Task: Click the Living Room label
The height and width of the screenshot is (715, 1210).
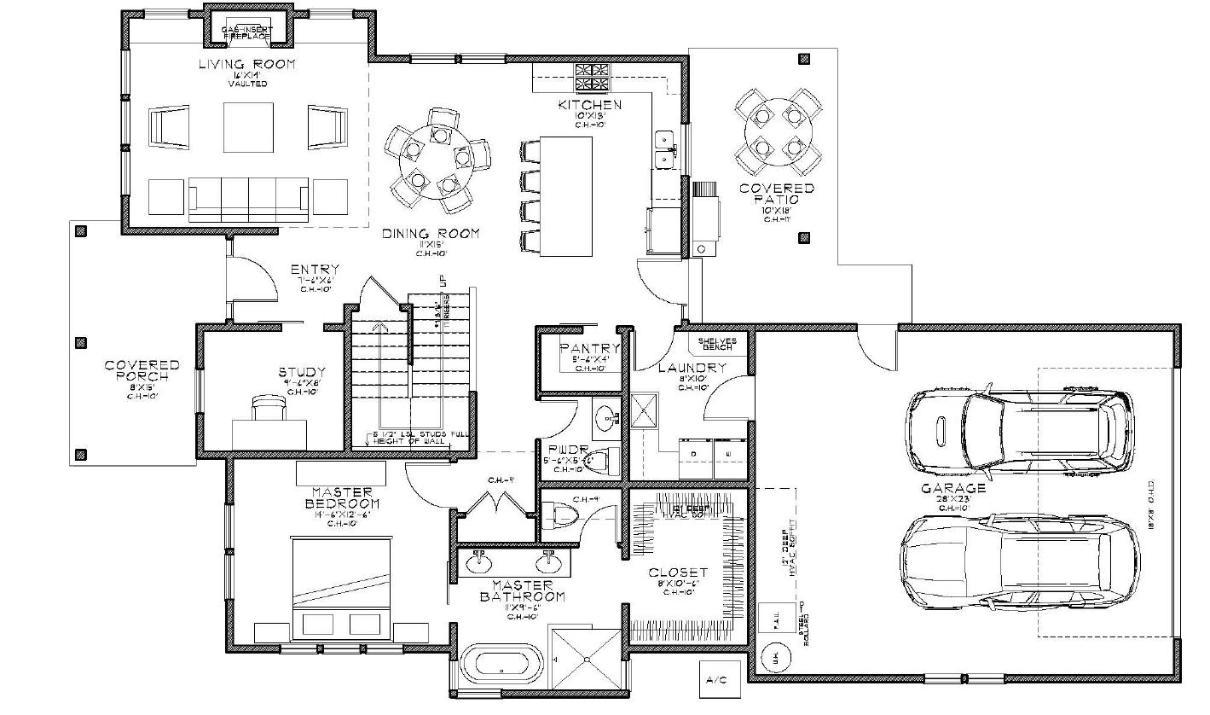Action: point(246,64)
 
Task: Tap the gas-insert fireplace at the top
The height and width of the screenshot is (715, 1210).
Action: point(246,32)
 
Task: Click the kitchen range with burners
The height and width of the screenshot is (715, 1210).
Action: point(593,78)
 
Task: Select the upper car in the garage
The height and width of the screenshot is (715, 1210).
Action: point(1020,430)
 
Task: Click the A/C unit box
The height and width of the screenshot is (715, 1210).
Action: point(715,679)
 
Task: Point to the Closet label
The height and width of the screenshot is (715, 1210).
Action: point(678,573)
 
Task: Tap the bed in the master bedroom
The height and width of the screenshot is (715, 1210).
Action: point(342,589)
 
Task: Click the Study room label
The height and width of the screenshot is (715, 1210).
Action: point(302,372)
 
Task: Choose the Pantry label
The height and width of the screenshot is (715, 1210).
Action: point(589,348)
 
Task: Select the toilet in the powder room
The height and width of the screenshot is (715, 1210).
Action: point(603,462)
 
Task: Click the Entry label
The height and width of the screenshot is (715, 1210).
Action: point(315,270)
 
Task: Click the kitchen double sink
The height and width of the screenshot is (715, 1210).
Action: point(665,148)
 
